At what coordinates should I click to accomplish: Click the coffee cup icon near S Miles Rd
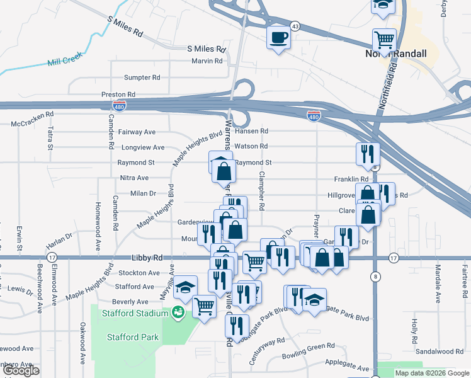(278, 37)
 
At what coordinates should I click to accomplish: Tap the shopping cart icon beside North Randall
(384, 40)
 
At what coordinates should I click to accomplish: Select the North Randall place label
(395, 54)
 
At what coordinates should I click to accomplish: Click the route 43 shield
(295, 26)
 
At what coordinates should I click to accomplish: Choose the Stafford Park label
(132, 337)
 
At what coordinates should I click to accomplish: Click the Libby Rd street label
(147, 258)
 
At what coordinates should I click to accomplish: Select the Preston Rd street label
(118, 94)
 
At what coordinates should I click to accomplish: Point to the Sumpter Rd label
(142, 77)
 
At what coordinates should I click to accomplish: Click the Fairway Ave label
(137, 132)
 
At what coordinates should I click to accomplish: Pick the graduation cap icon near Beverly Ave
(185, 287)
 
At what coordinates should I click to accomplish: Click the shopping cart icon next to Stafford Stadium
(204, 307)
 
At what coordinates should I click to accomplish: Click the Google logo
(20, 371)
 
